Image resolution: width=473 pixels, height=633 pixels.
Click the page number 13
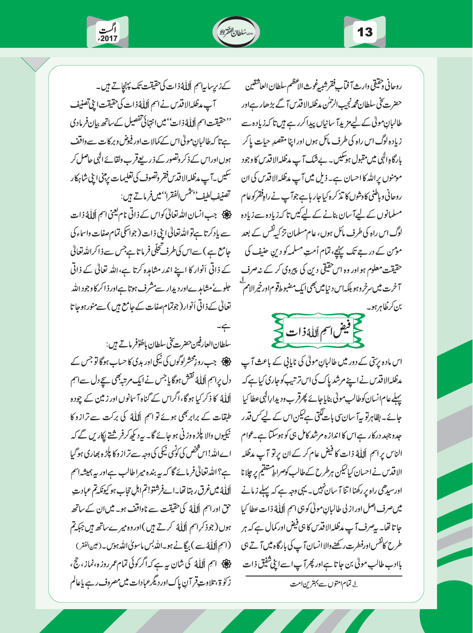click(365, 32)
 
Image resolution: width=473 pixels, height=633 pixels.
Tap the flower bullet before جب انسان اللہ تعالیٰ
click(229, 215)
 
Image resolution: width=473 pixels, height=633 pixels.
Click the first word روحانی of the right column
click(394, 87)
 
